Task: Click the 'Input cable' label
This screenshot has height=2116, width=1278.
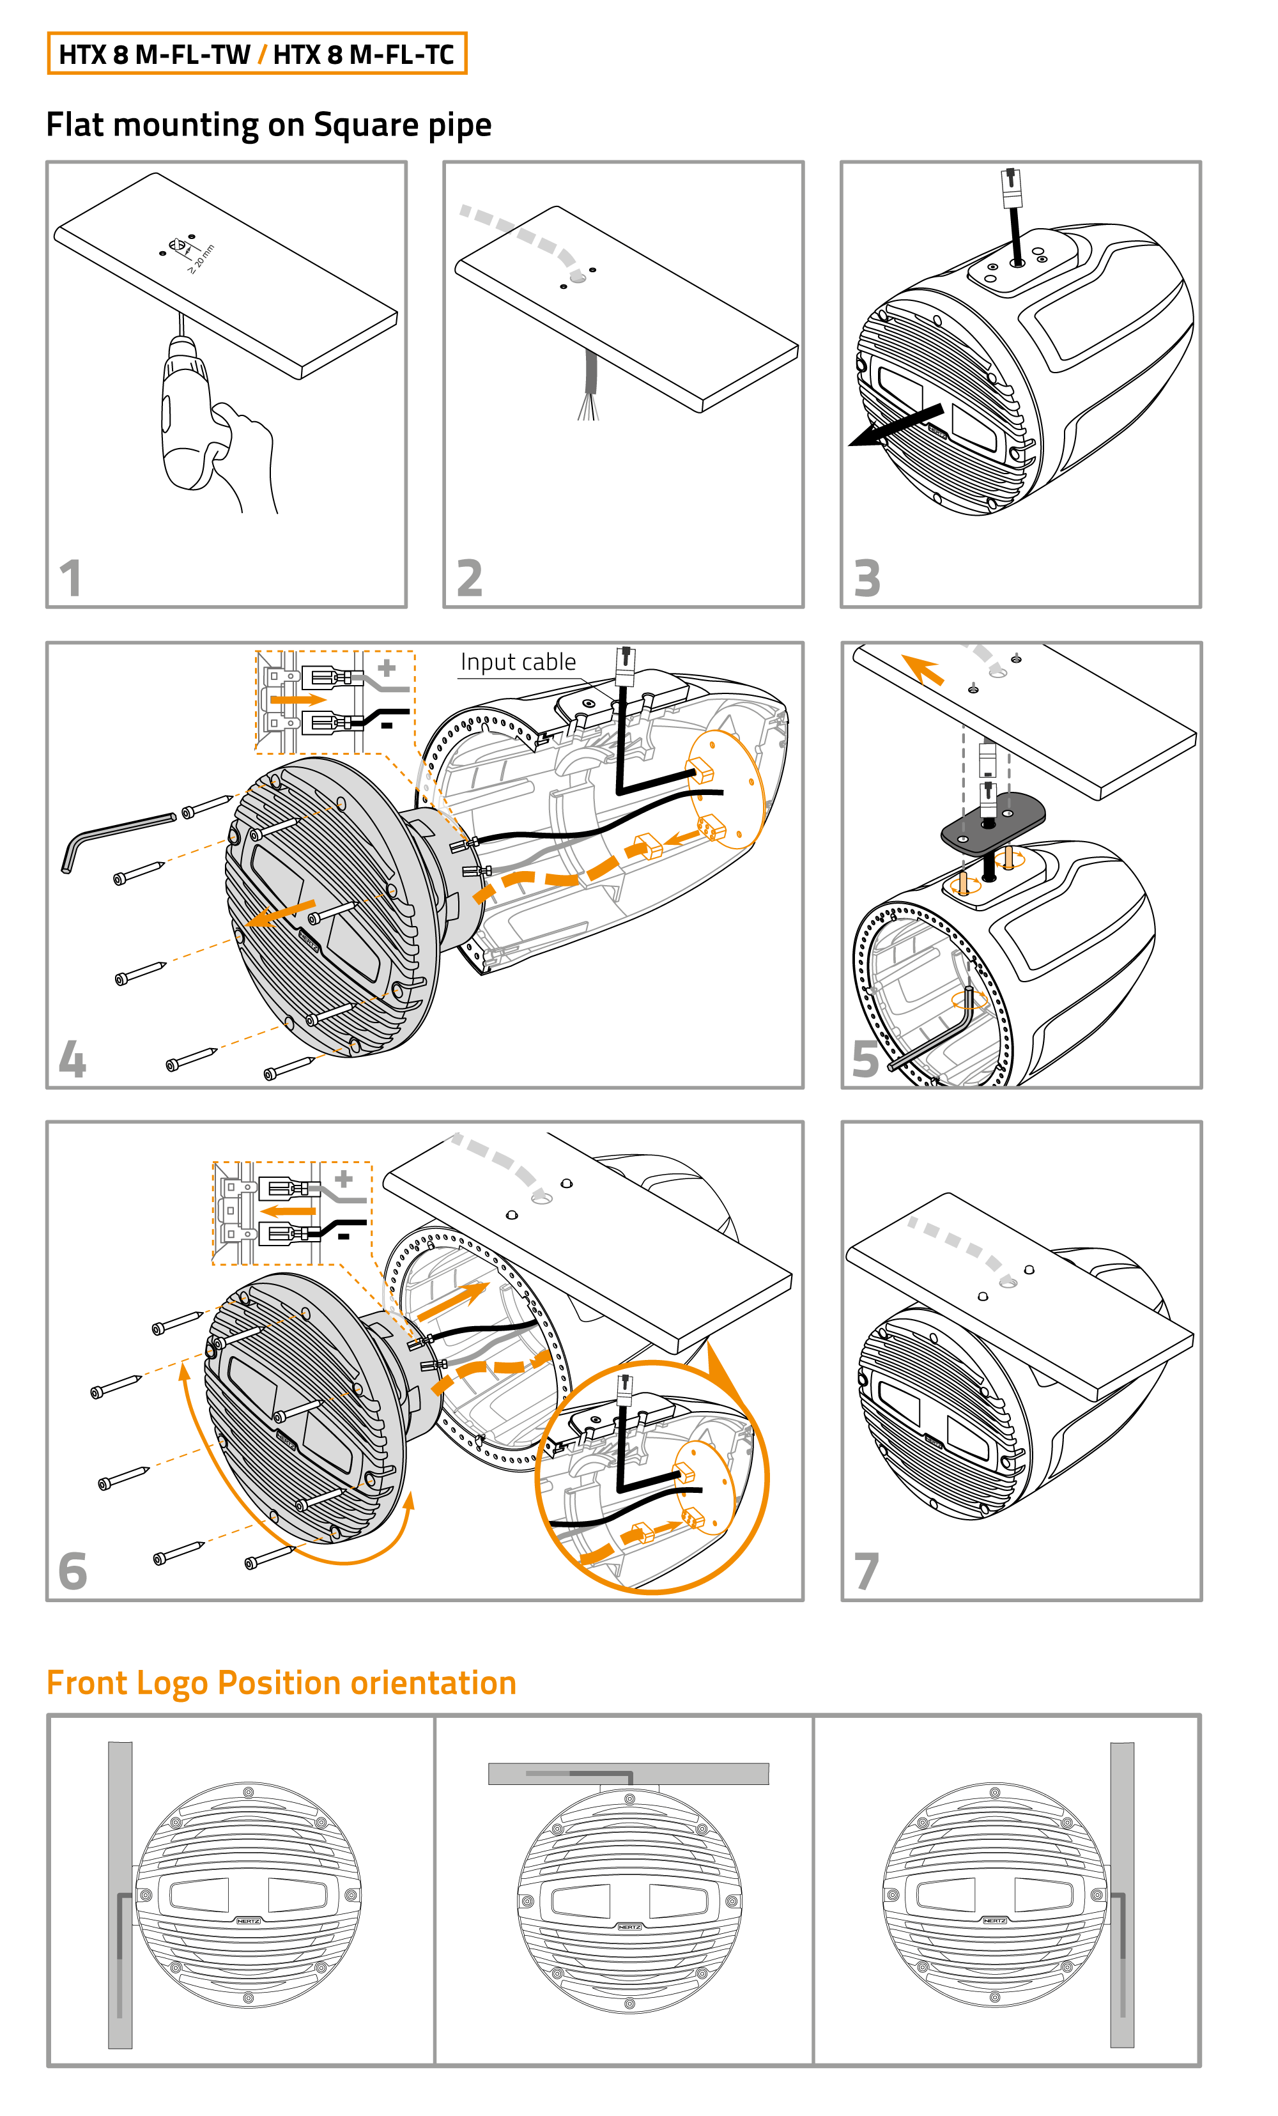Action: click(x=518, y=662)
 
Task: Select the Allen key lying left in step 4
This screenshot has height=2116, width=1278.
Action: click(x=116, y=837)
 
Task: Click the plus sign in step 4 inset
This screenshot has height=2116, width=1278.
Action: click(x=387, y=667)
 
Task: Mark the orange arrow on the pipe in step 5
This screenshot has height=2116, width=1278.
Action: click(x=923, y=667)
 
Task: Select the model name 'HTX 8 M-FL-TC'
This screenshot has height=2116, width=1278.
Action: click(x=364, y=55)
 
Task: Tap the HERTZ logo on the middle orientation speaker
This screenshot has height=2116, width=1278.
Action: click(x=629, y=1927)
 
